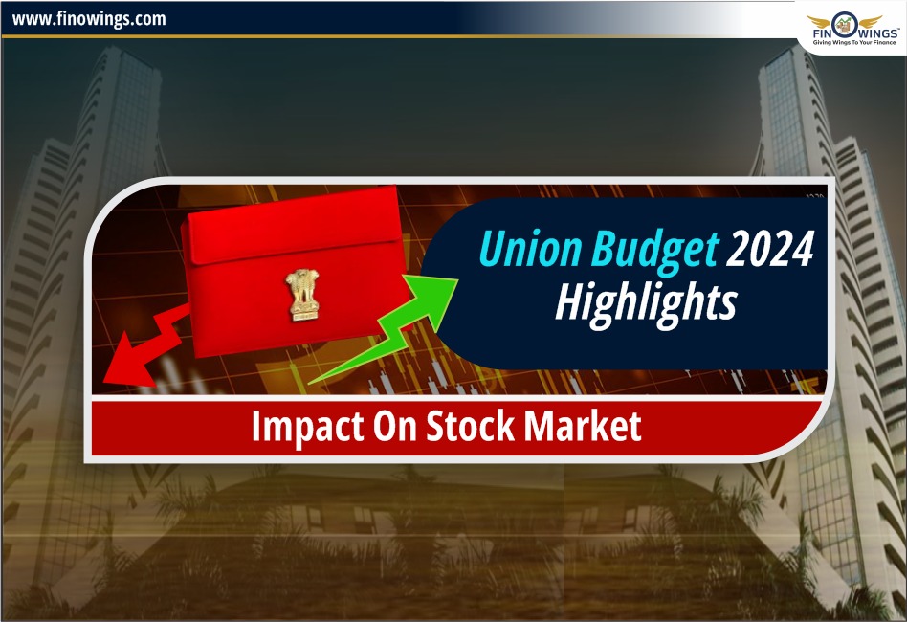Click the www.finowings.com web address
pyautogui.click(x=89, y=20)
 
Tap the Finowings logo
pyautogui.click(x=853, y=29)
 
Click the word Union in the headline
pyautogui.click(x=530, y=249)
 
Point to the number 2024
pyautogui.click(x=770, y=248)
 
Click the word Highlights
pyautogui.click(x=646, y=303)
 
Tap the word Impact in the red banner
pyautogui.click(x=307, y=428)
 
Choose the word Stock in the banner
pyautogui.click(x=470, y=426)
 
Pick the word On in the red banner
pyautogui.click(x=394, y=426)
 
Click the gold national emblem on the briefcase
pyautogui.click(x=302, y=295)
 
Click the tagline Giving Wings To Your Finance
pyautogui.click(x=853, y=42)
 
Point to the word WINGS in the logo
pyautogui.click(x=877, y=33)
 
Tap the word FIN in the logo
pyautogui.click(x=823, y=33)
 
